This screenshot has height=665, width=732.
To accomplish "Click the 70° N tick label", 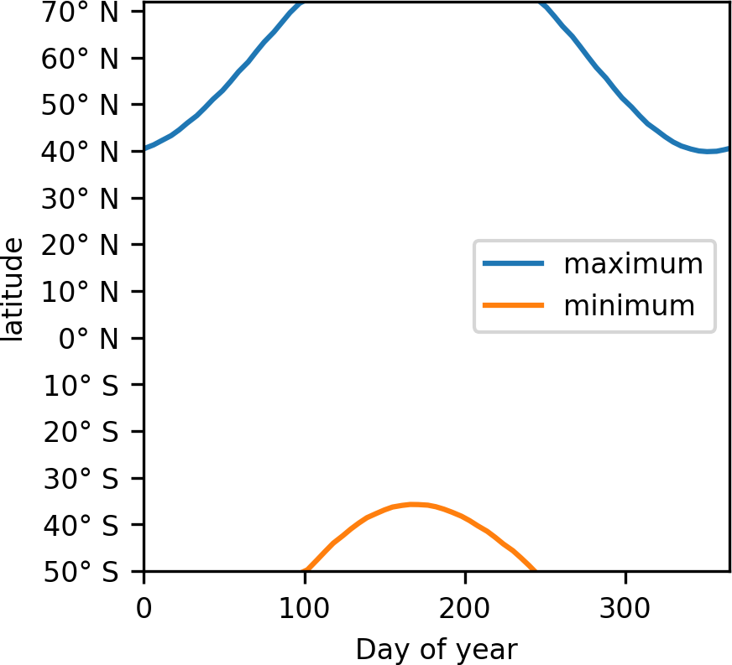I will pos(87,12).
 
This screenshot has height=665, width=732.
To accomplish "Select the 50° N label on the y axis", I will pos(87,106).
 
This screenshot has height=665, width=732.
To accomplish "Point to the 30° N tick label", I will pos(87,199).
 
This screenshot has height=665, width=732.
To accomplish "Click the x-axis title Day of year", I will pos(437,648).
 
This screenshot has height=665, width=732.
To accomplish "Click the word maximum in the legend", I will pos(633,264).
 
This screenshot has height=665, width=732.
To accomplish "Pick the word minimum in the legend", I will pos(630,305).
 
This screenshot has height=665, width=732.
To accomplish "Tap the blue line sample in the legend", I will pos(514,264).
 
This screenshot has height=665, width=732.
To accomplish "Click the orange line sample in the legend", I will pos(514,305).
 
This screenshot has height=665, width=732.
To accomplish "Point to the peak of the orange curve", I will pos(413,504).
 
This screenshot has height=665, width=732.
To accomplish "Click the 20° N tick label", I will pos(87,246).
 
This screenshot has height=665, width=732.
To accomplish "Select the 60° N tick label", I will pos(87,59).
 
